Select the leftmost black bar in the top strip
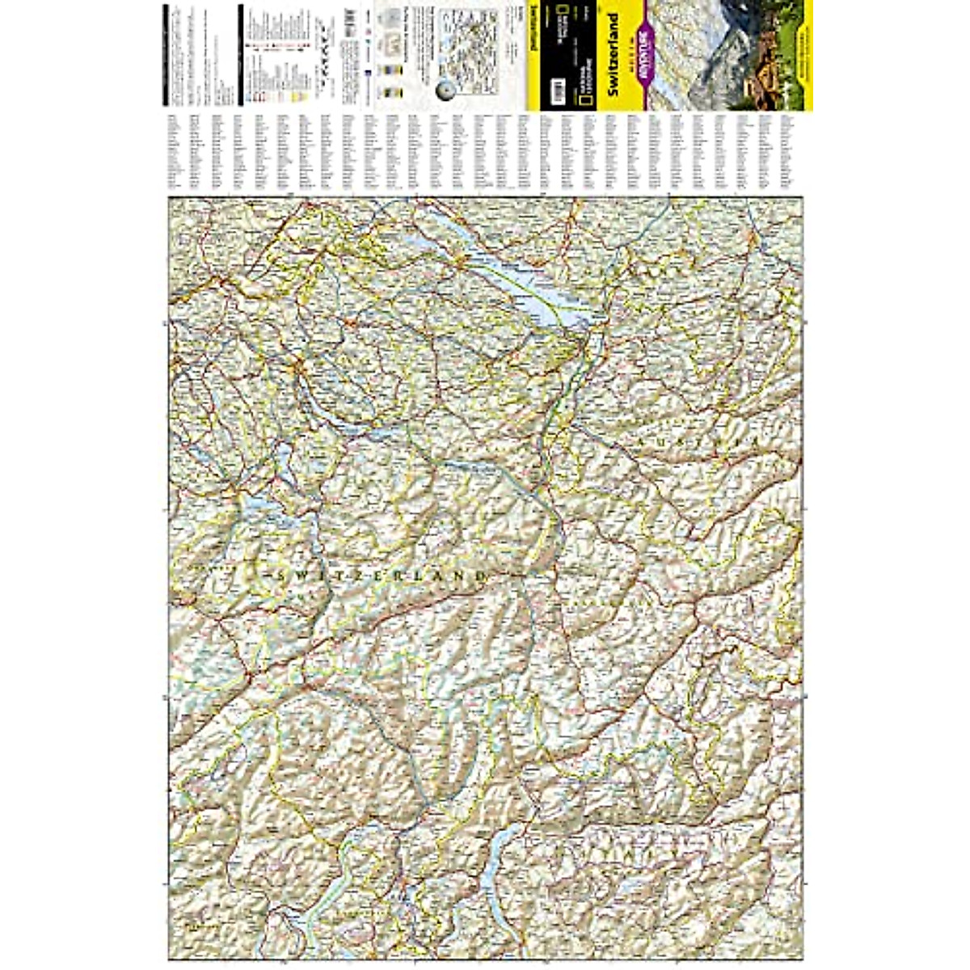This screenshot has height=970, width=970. pos(164,57)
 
